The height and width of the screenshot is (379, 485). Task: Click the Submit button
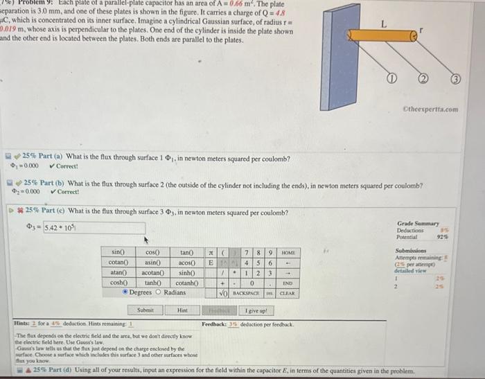(x=145, y=310)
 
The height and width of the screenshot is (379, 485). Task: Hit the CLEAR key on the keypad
(x=288, y=293)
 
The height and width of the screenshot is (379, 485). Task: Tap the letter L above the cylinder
(x=383, y=24)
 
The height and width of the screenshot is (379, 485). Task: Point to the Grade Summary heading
(x=415, y=224)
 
